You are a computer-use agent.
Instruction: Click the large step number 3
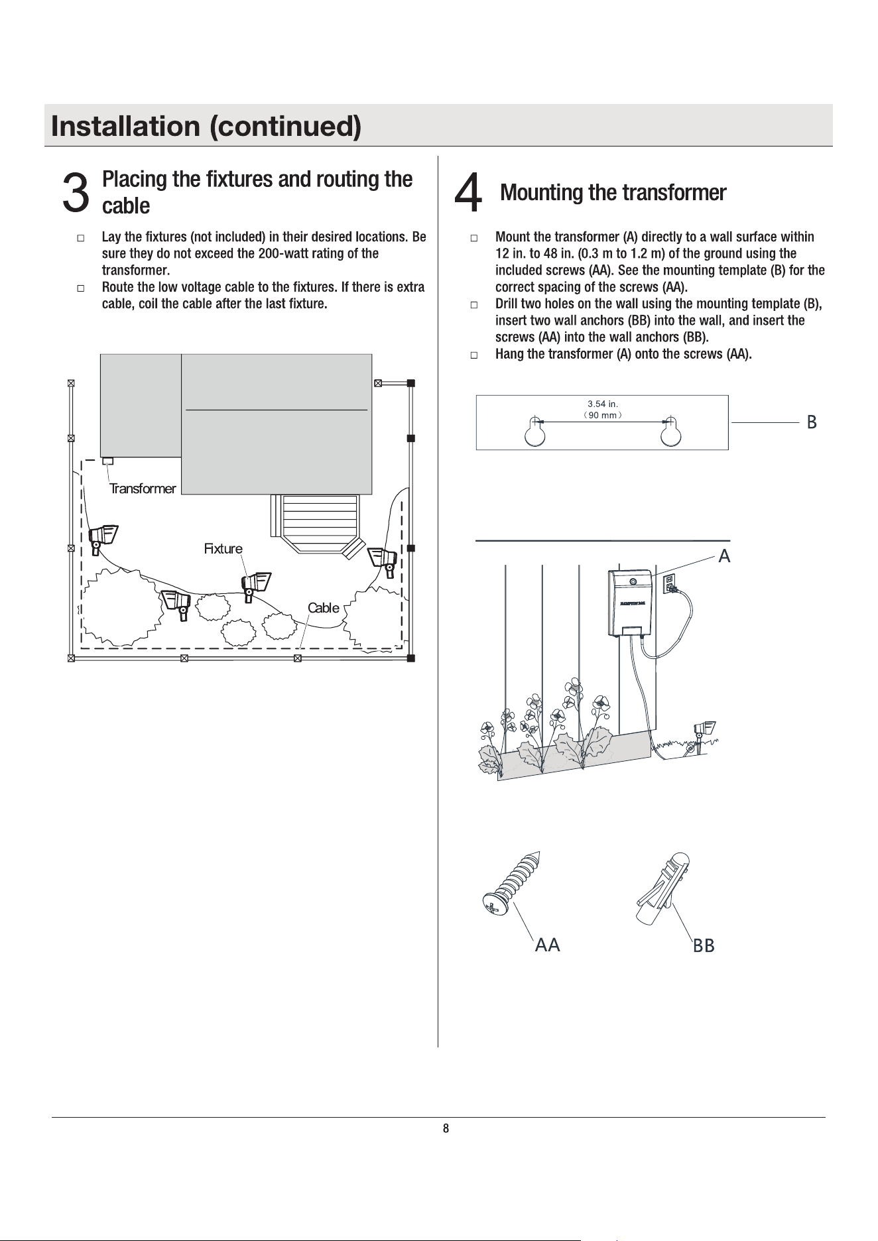[x=75, y=193]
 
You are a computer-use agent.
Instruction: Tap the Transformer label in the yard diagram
[x=143, y=489]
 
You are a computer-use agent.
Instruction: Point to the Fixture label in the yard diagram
[x=223, y=548]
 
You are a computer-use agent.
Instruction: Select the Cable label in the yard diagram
[x=324, y=608]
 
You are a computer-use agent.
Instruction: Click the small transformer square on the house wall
[x=107, y=461]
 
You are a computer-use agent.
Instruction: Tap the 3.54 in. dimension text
[x=603, y=403]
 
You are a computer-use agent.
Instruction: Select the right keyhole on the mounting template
[x=671, y=433]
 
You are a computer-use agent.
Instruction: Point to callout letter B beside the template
[x=811, y=422]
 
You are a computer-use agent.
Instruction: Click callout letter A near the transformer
[x=724, y=556]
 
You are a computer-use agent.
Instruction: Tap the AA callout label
[x=548, y=945]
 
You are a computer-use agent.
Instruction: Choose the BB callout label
[x=704, y=946]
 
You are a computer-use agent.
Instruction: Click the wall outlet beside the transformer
[x=670, y=583]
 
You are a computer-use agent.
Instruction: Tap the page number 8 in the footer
[x=446, y=1128]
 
